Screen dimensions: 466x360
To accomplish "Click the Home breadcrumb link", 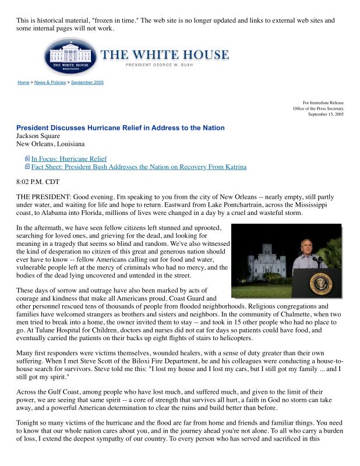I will coord(23,83).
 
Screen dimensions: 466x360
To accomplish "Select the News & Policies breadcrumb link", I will coord(50,83).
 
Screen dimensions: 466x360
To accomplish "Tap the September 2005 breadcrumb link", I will coord(87,83).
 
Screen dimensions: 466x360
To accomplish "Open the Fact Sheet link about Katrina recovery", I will coord(139,167).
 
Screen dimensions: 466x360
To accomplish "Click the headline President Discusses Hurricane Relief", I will coord(120,128).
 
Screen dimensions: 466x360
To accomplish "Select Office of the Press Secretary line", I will coord(318,109).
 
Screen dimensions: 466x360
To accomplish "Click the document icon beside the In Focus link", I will coord(27,158).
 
